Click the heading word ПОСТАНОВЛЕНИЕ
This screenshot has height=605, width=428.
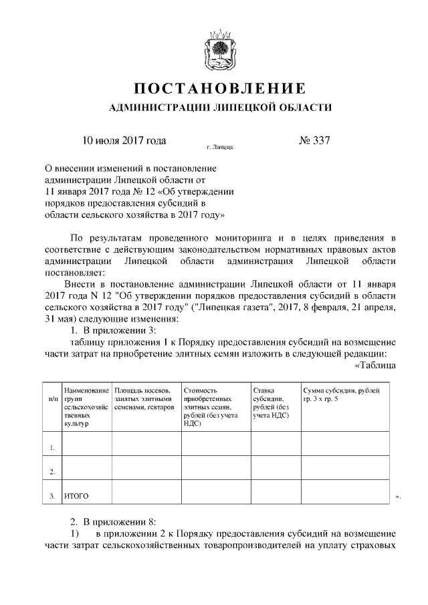[x=220, y=88]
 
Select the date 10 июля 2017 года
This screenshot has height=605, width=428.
[x=124, y=141]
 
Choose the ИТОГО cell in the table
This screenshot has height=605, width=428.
[x=76, y=496]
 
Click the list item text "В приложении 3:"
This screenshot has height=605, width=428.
[x=120, y=330]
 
